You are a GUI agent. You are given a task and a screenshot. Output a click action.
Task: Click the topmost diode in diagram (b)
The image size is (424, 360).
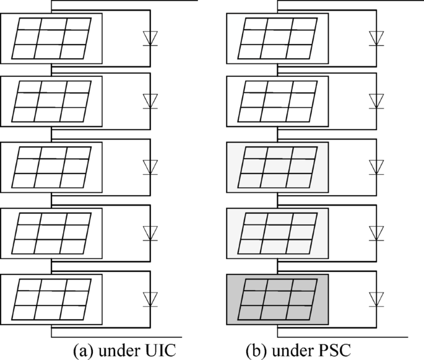[x=376, y=37]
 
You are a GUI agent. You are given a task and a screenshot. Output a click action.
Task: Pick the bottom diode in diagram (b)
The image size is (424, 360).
[x=376, y=298]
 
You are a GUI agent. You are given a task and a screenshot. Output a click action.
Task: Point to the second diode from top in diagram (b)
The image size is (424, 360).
[x=376, y=101]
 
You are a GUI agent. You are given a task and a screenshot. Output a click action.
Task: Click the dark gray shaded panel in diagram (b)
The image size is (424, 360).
[x=277, y=299]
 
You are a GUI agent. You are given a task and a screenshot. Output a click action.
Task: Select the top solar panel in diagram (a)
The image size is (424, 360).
[x=51, y=37]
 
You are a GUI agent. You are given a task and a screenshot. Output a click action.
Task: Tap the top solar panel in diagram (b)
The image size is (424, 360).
[x=277, y=37]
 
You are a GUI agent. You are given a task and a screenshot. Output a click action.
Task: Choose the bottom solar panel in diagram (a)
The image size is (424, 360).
[x=51, y=299]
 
